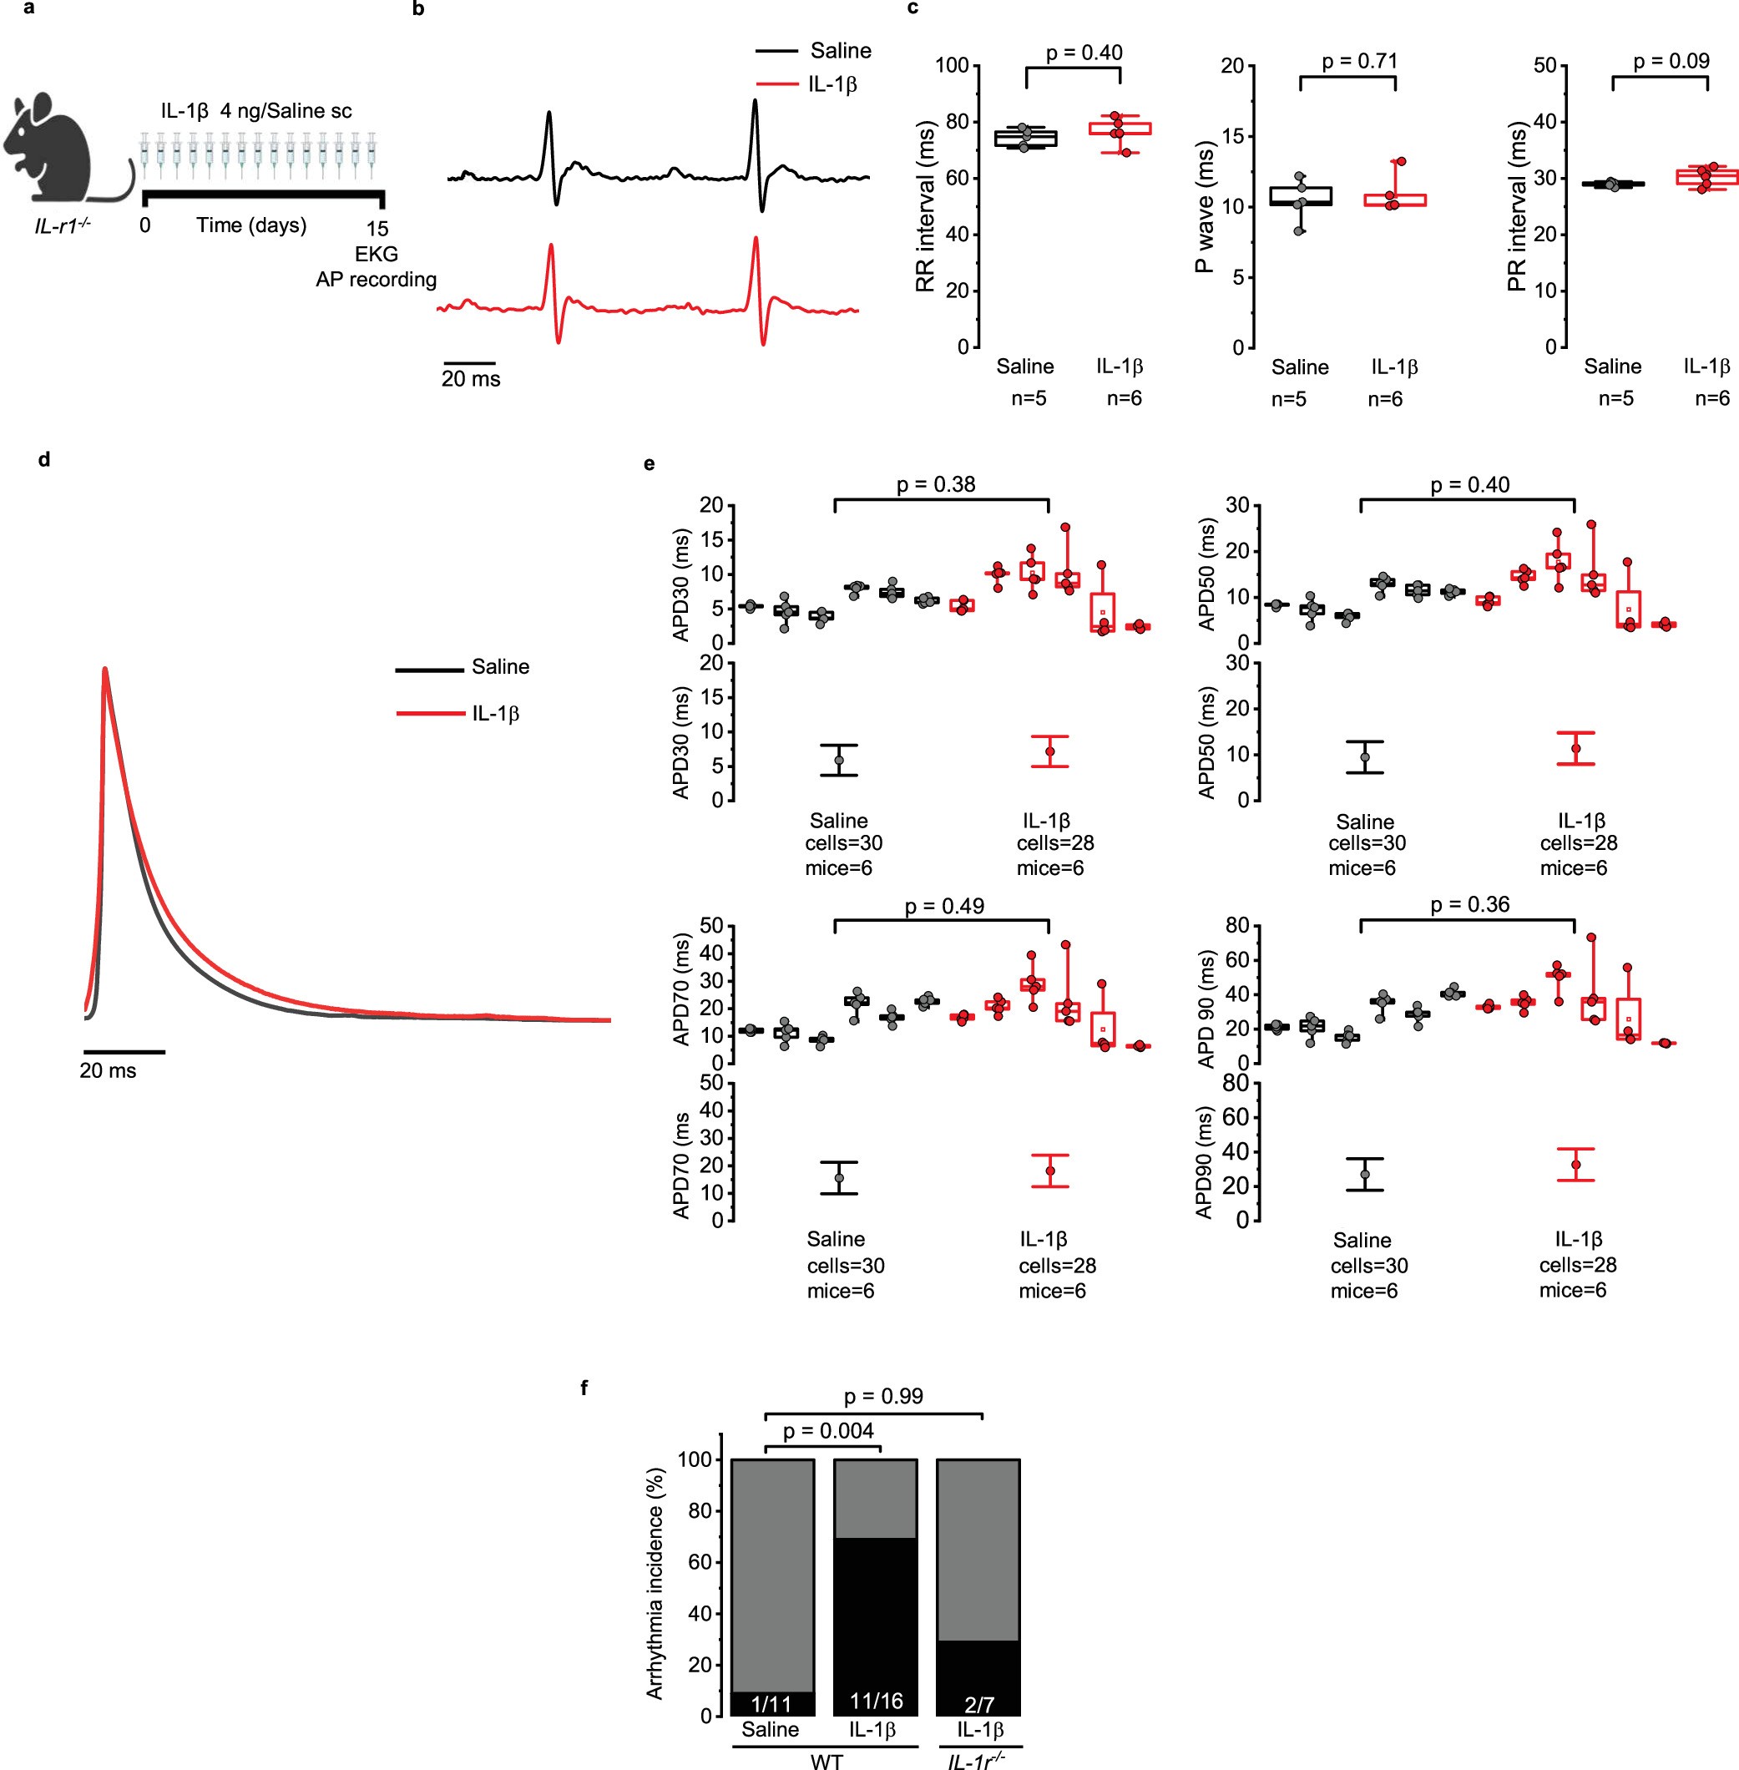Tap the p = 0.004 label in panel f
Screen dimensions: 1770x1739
pos(827,1430)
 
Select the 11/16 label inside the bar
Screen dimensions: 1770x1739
pos(875,1700)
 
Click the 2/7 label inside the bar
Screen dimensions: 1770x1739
pos(978,1704)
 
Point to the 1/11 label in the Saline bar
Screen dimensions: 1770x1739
pos(771,1703)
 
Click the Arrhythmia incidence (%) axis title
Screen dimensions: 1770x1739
pos(654,1584)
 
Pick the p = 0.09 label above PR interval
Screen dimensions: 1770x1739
pos(1671,61)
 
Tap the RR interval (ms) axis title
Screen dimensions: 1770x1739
pos(925,206)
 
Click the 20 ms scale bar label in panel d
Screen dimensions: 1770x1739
pos(108,1070)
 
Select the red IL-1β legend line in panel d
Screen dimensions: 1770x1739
pos(430,712)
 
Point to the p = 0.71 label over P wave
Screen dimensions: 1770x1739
pos(1359,61)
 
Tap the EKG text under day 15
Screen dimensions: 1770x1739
pos(377,254)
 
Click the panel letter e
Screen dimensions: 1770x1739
pos(650,463)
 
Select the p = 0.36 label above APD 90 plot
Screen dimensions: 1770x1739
pos(1469,904)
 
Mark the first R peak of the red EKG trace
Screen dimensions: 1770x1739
pos(551,245)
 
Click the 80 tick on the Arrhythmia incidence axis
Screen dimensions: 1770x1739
pos(700,1510)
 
